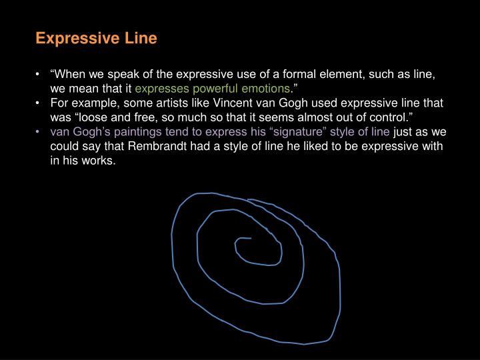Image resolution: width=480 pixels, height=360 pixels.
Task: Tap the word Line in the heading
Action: [x=139, y=39]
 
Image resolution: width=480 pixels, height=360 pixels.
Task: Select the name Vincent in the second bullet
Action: [x=257, y=103]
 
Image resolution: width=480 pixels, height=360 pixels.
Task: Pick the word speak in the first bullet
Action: [x=123, y=75]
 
